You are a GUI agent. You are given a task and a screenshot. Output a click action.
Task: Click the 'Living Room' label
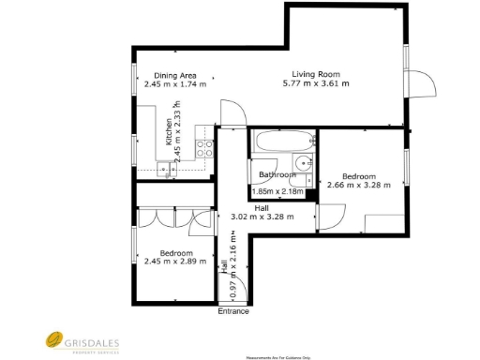tap(315, 74)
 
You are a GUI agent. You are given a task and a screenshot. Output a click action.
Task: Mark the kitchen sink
tap(165, 169)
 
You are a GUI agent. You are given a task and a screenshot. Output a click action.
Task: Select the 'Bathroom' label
tap(277, 175)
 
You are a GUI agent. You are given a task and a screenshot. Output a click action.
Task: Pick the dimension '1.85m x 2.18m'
tap(278, 191)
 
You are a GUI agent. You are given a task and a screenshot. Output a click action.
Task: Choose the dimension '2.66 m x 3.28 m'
tap(358, 186)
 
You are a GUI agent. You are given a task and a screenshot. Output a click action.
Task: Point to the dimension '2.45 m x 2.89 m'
tap(175, 262)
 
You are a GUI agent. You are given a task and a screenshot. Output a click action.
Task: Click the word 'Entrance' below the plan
tap(233, 311)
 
